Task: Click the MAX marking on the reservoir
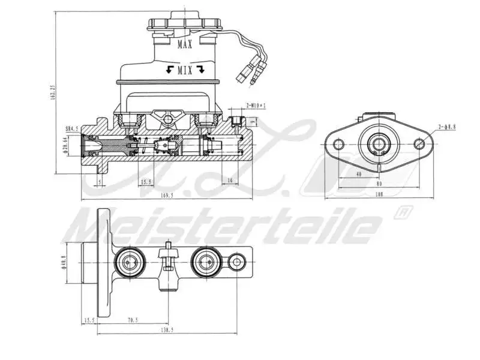point(185,44)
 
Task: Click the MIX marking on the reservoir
point(185,70)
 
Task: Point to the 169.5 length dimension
point(167,195)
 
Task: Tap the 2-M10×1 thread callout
point(256,106)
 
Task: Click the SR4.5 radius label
point(72,128)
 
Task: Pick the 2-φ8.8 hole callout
point(447,127)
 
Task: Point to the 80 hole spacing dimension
point(379,184)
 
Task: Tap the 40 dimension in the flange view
point(358,174)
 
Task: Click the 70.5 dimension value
point(132,320)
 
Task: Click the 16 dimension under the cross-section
point(229,181)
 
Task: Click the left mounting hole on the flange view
point(338,143)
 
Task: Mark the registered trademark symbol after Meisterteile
point(403,212)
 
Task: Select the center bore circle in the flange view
point(379,143)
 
